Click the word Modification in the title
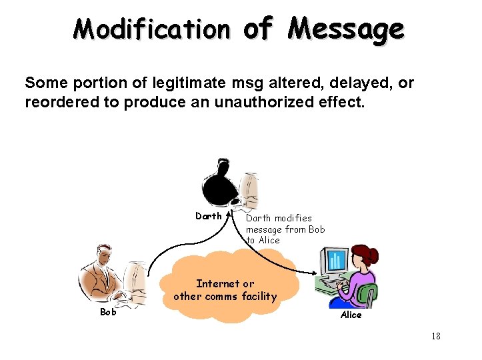tap(151, 29)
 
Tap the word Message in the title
tap(347, 29)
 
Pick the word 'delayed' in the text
tap(353, 83)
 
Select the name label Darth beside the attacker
tap(208, 216)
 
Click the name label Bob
tap(107, 311)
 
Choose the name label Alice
tap(351, 315)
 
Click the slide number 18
tap(435, 336)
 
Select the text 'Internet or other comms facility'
tap(225, 290)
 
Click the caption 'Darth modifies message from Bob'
tap(285, 223)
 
